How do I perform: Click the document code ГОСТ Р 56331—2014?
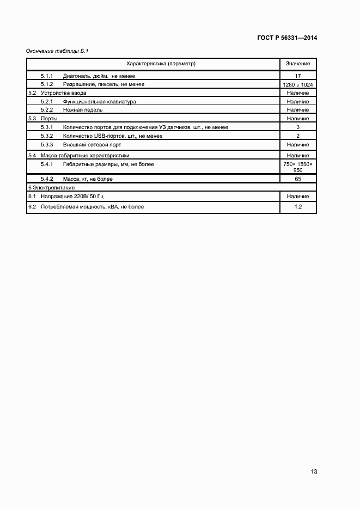coord(286,38)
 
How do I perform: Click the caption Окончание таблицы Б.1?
coord(57,51)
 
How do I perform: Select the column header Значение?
coord(297,64)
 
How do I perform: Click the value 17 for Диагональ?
coord(297,76)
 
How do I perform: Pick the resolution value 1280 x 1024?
coord(297,85)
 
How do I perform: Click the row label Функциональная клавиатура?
coord(99,101)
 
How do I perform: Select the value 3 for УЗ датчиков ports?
coord(297,127)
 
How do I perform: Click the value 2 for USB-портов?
coord(297,136)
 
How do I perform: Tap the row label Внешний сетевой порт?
coord(92,145)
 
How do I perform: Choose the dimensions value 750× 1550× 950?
coord(297,167)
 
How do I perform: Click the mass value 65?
coord(297,179)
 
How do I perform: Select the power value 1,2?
coord(297,207)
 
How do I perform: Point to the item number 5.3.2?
coord(46,136)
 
